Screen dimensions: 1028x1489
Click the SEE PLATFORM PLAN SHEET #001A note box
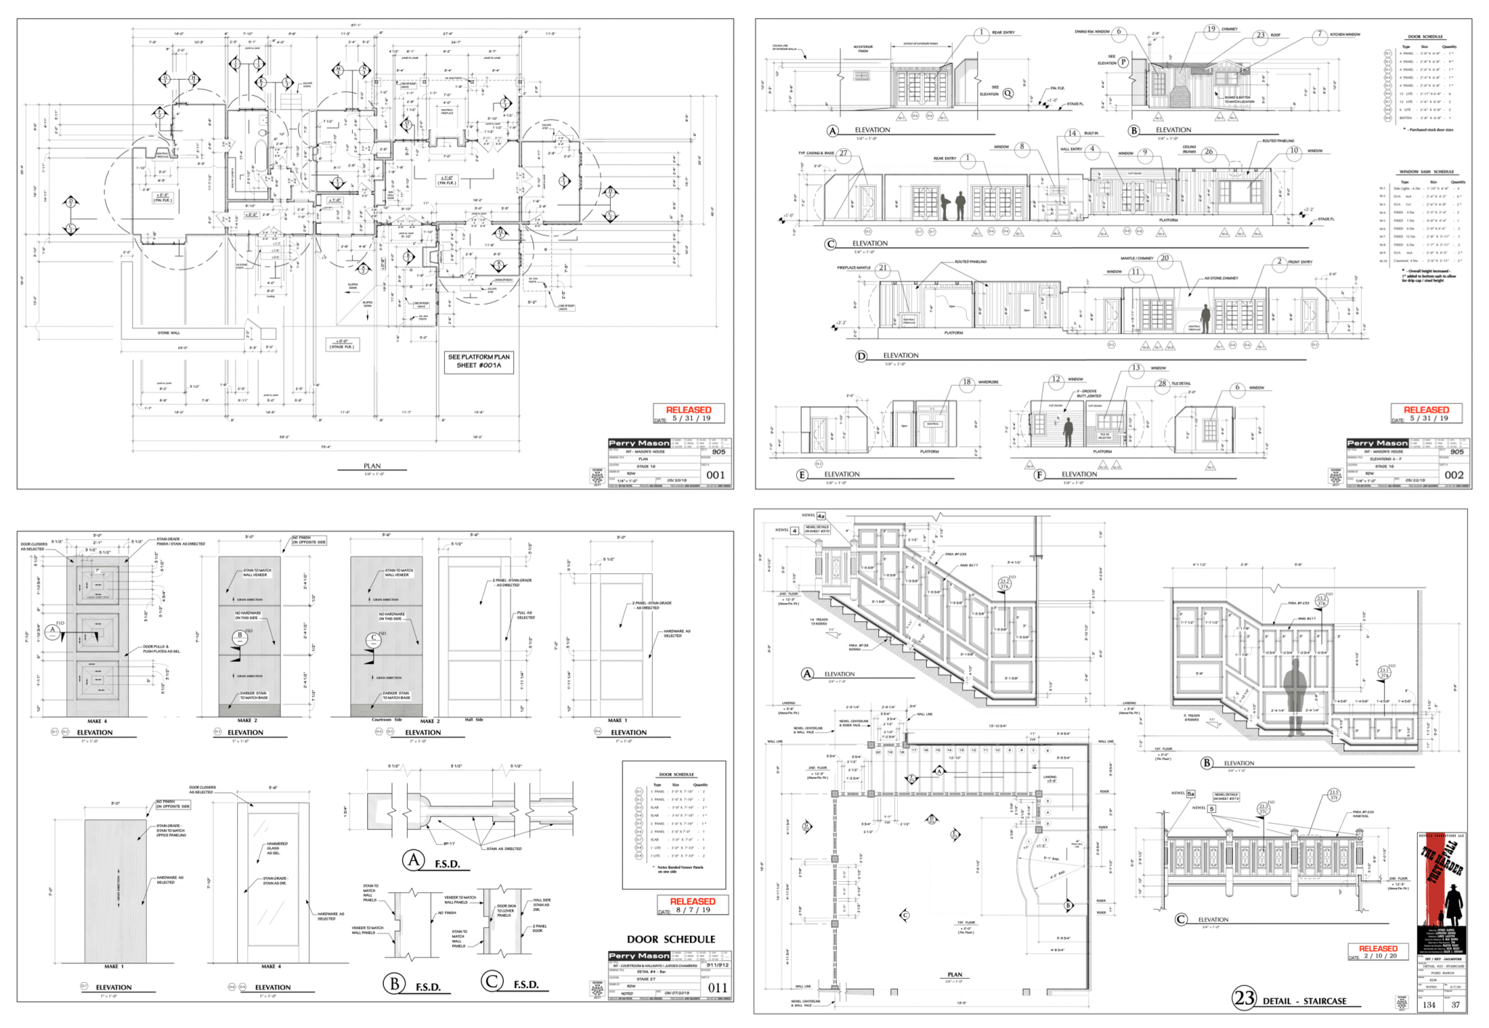(479, 361)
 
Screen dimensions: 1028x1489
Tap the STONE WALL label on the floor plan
(169, 333)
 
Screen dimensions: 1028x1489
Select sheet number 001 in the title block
(716, 475)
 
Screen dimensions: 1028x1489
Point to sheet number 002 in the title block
(1454, 475)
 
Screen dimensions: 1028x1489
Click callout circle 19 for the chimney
(1211, 30)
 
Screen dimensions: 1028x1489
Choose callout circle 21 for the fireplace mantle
(883, 268)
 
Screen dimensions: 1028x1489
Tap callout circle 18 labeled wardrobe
(967, 382)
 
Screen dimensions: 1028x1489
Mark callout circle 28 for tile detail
(1162, 384)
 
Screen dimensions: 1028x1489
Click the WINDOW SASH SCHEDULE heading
(1426, 172)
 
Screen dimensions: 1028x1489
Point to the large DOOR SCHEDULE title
(671, 939)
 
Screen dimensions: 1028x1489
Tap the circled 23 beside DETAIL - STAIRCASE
(1244, 998)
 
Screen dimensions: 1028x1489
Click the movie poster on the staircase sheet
(1441, 893)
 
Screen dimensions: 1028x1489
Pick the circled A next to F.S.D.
(414, 861)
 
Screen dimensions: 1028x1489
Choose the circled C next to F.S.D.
(491, 982)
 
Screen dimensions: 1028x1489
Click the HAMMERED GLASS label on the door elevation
(277, 848)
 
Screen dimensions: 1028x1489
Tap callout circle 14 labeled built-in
(1072, 134)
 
